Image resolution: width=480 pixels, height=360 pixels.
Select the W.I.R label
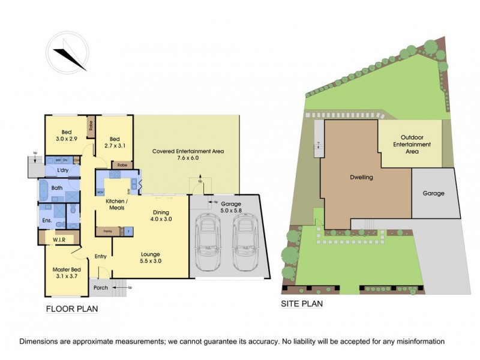(58, 239)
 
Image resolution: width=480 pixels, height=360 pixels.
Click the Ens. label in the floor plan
(47, 220)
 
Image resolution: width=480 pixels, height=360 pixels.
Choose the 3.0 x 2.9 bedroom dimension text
(66, 139)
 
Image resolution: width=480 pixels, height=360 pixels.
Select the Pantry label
(107, 230)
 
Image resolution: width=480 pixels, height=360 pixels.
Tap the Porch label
(100, 288)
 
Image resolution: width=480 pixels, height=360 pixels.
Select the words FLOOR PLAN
(72, 309)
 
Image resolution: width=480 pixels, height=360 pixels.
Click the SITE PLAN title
(302, 304)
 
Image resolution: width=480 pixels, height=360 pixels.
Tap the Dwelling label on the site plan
(361, 178)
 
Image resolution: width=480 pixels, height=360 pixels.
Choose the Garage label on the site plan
(433, 193)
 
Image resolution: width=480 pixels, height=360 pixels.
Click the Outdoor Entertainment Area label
(412, 145)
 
